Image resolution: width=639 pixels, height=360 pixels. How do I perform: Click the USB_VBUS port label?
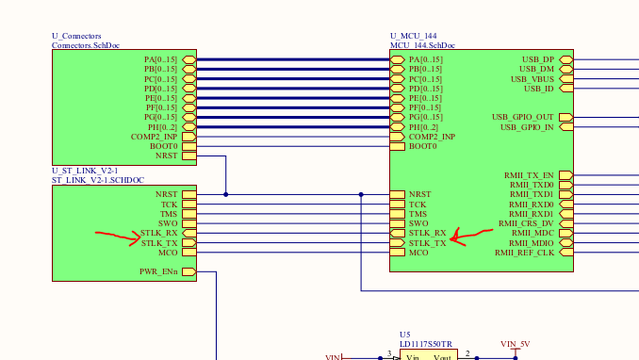(532, 79)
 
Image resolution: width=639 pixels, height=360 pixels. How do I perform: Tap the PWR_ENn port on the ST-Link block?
(158, 272)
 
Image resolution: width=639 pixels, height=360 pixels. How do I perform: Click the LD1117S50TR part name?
(425, 344)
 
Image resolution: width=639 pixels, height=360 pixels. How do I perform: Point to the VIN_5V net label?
(516, 344)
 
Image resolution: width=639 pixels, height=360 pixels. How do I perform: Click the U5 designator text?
(404, 335)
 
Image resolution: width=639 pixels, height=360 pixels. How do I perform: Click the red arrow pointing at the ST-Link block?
(119, 237)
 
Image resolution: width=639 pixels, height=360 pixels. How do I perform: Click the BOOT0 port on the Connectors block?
(165, 146)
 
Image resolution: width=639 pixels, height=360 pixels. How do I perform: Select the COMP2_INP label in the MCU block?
(432, 137)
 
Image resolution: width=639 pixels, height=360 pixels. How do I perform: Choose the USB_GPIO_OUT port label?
(523, 117)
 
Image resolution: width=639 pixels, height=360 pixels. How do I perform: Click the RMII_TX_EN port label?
(531, 175)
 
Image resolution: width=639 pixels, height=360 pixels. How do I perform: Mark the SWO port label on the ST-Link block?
(168, 223)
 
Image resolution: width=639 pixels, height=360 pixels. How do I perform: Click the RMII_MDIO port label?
(532, 243)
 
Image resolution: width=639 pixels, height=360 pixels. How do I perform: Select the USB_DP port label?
(538, 59)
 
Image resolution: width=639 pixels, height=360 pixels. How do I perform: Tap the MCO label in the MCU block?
(418, 253)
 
